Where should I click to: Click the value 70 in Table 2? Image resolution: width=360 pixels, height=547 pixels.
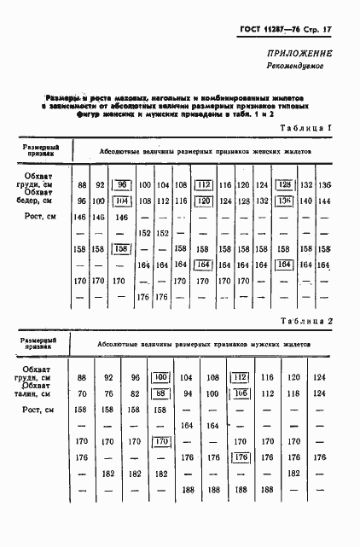tap(82, 393)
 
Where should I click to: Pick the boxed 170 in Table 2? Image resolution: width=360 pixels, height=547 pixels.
tap(160, 441)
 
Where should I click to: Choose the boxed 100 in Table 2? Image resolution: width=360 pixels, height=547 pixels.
tap(160, 377)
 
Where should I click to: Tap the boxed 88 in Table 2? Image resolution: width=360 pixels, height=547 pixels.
tap(160, 393)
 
